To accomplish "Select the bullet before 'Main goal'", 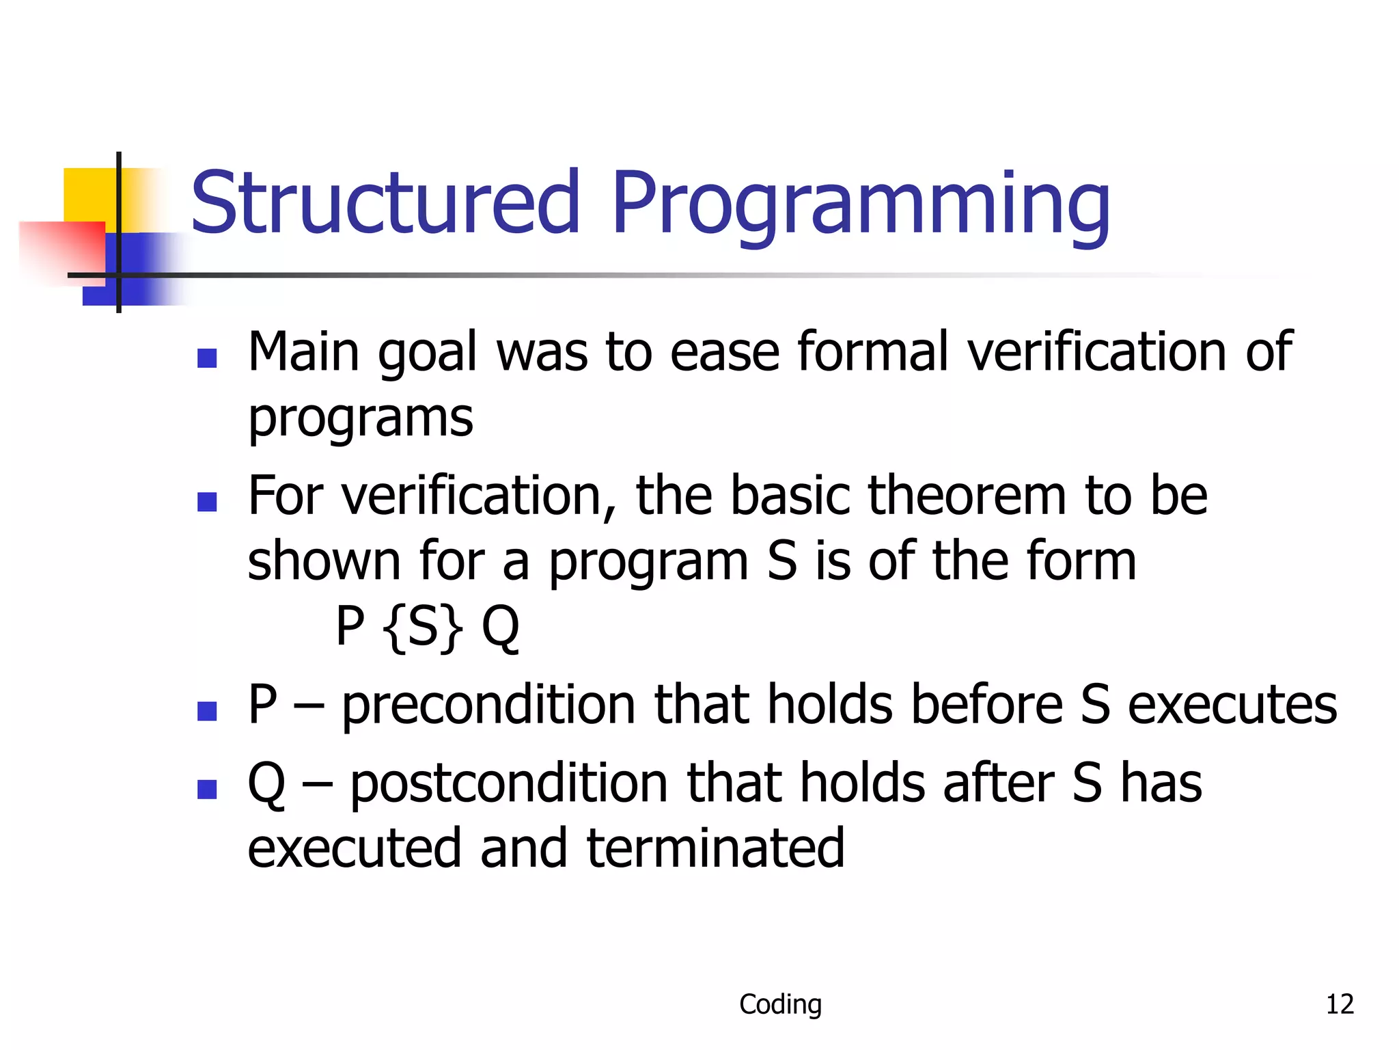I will pos(207,358).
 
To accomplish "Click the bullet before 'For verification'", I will pos(207,502).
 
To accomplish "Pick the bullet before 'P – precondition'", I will pos(207,711).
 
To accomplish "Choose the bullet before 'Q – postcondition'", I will pos(207,790).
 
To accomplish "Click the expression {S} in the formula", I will pos(423,627).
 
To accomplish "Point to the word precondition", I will pos(489,705).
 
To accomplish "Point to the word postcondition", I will pos(509,783).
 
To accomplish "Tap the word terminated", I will pos(715,848).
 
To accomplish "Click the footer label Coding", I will pos(780,1004).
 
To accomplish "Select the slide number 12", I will pos(1340,1004).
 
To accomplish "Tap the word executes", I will pos(1232,705).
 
